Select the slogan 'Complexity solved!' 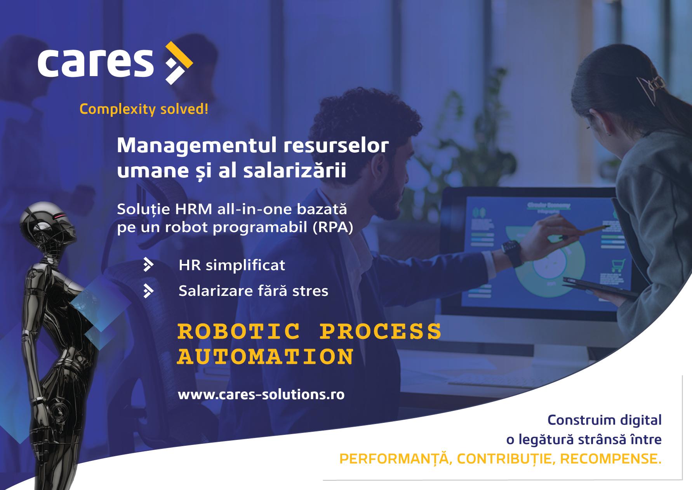(144, 109)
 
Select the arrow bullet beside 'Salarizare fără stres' (148, 290)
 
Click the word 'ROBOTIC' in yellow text (239, 332)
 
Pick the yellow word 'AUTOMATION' (266, 357)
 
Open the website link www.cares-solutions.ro (261, 394)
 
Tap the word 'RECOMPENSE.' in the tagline (611, 459)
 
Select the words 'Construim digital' (605, 420)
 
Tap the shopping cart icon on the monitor (618, 266)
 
